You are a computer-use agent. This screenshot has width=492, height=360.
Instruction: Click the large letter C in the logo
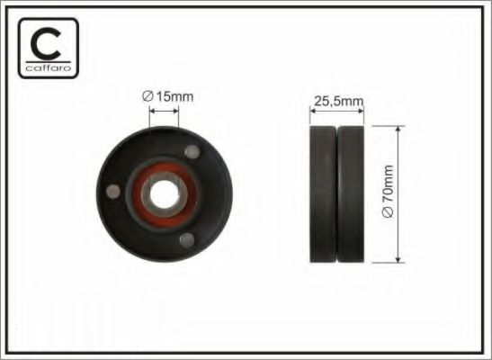[46, 43]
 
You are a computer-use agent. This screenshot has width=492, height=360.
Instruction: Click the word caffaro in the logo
[49, 67]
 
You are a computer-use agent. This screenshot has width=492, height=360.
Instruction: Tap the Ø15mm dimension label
[167, 96]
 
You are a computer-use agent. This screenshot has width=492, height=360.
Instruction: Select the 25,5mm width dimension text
[338, 101]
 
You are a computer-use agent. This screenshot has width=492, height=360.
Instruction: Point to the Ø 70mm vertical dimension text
[388, 191]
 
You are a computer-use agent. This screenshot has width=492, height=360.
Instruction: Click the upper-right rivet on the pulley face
[192, 151]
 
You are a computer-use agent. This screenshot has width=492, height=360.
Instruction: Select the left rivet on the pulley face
[113, 192]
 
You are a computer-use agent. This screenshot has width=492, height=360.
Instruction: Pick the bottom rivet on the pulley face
[187, 240]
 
